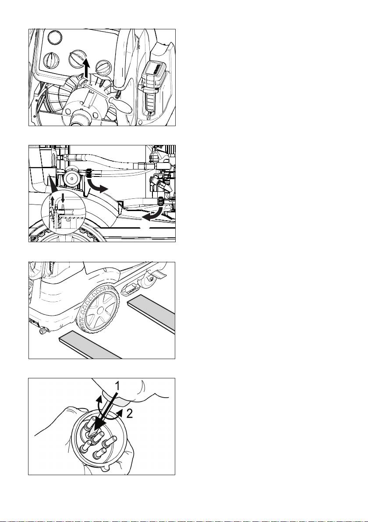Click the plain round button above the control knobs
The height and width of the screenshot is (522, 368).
(55, 37)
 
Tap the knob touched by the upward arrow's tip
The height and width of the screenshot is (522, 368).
(77, 59)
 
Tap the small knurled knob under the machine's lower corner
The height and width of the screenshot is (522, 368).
(42, 331)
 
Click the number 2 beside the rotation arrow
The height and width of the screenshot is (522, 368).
(130, 413)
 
